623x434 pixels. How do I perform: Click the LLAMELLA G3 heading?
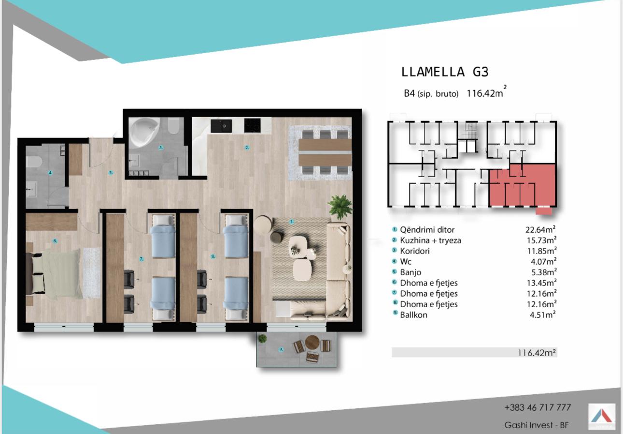coord(445,72)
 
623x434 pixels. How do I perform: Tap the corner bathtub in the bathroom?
coord(144,132)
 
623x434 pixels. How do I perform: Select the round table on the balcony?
coord(312,342)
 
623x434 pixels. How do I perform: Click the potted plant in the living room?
coord(340,207)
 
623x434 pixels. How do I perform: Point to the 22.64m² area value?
coord(540,229)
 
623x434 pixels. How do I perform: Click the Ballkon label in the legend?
coord(413,315)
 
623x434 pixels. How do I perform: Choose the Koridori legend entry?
coord(414,251)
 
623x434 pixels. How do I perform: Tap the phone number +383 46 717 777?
coord(538,407)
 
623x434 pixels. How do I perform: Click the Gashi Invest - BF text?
coord(537,425)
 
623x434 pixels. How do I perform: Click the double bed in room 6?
coord(54,274)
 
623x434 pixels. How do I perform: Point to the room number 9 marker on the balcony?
coord(281,349)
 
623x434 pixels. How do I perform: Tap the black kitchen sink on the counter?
coord(221,126)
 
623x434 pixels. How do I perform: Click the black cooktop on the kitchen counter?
coord(252,126)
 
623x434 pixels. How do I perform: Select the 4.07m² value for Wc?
coord(543,262)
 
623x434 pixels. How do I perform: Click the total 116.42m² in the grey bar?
coord(537,353)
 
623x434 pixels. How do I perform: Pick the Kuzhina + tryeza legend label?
coord(430,240)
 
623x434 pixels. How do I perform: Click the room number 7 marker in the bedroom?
coord(142,259)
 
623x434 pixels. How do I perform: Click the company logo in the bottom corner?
coord(602,417)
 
